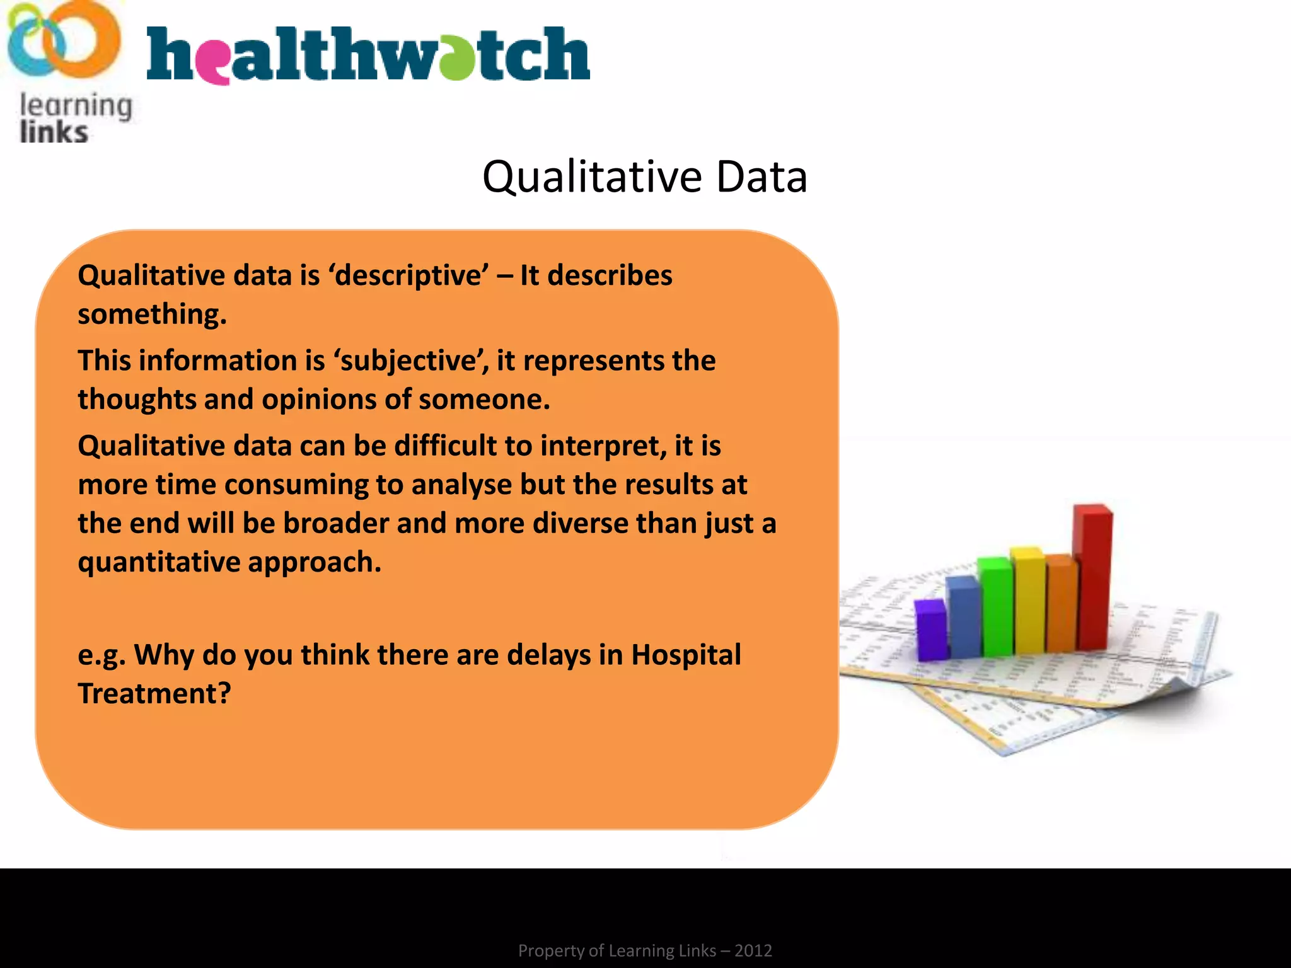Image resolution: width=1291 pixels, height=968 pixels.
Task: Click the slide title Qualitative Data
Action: (x=644, y=176)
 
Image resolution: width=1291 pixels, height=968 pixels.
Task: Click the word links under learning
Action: (x=54, y=132)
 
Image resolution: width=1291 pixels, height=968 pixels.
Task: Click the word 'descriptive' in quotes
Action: (x=408, y=276)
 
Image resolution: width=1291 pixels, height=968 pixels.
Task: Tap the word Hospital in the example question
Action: (x=686, y=655)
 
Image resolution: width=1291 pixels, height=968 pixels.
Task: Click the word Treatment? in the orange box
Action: (x=154, y=694)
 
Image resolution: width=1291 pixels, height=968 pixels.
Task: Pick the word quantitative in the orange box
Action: (x=158, y=562)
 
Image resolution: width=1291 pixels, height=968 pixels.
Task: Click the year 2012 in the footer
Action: (x=753, y=950)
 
